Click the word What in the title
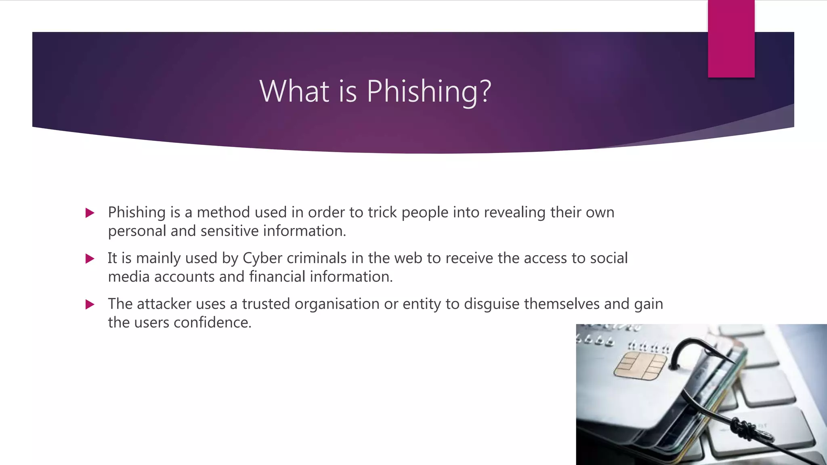tap(294, 91)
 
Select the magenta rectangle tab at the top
tap(731, 39)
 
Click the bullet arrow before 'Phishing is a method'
tap(90, 213)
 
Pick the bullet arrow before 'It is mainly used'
tap(90, 258)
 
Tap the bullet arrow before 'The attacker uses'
tap(90, 304)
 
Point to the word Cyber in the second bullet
tap(262, 258)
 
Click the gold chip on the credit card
tap(640, 366)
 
